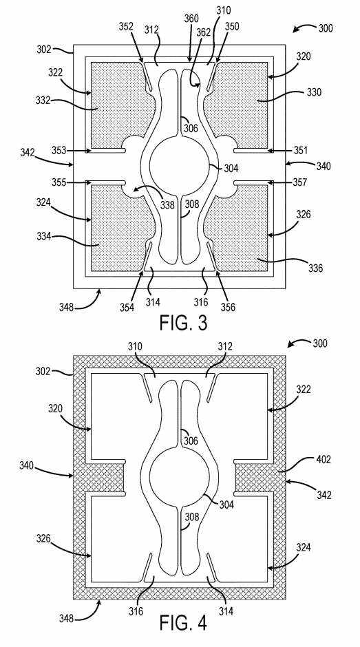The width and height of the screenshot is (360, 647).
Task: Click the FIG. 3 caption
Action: point(183,323)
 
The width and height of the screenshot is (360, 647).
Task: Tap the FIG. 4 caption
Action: point(183,623)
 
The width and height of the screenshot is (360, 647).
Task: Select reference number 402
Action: point(324,459)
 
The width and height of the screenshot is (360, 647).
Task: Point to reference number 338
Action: point(168,204)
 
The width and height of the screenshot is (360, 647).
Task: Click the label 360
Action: point(191,19)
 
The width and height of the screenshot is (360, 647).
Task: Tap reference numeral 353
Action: point(59,151)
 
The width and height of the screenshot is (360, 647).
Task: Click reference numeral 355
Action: point(59,182)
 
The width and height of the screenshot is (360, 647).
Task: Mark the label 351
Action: point(300,151)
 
